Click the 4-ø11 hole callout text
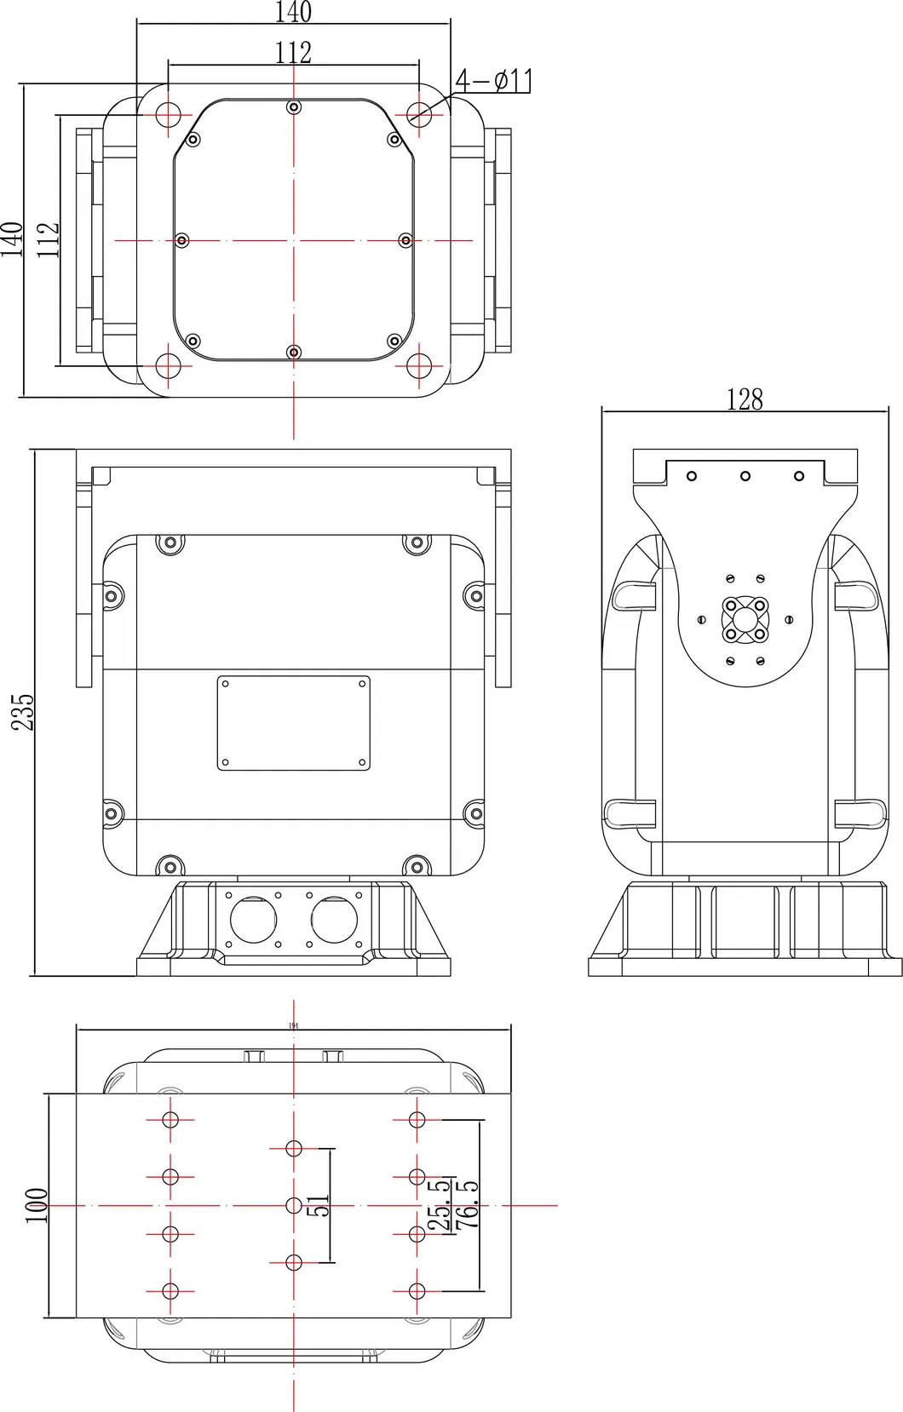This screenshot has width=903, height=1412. pos(494,81)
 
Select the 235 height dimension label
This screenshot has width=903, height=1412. pos(23,712)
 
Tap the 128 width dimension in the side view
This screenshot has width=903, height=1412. pos(745,399)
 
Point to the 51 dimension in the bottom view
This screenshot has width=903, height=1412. pos(317,1206)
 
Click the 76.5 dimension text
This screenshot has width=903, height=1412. pos(468,1204)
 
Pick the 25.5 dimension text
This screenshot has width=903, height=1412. pos(440,1204)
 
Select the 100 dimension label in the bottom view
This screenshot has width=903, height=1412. pos(36,1206)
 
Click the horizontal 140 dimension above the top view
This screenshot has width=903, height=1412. pos(293,12)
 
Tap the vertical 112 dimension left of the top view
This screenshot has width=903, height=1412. pos(48,240)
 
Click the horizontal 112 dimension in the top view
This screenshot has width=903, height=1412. pos(293,53)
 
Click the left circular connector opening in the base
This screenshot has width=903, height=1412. pos(254,919)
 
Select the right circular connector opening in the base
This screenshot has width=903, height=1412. pos(334,919)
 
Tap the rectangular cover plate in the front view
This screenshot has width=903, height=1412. pos(293,723)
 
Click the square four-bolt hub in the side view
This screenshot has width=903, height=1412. pos(745,619)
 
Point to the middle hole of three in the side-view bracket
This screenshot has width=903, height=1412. pos(745,476)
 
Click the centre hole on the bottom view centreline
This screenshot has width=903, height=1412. pos(294,1205)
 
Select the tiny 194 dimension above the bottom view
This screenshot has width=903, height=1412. pos(293,1025)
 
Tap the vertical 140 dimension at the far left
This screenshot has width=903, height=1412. pos(11,239)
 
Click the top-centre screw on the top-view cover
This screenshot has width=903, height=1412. pos(294,106)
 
